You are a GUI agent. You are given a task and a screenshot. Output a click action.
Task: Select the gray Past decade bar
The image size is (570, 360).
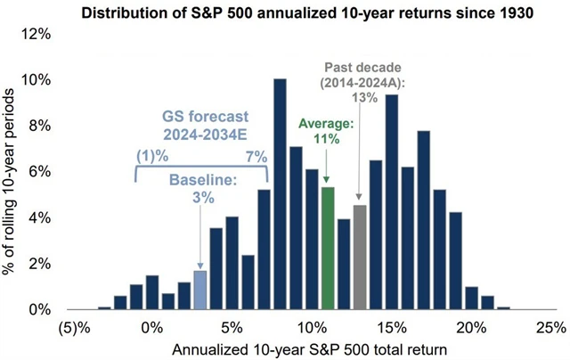360,258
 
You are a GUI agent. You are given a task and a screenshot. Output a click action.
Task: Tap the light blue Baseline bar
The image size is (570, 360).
199,290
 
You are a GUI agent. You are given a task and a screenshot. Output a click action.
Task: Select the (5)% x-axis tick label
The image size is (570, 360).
72,325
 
